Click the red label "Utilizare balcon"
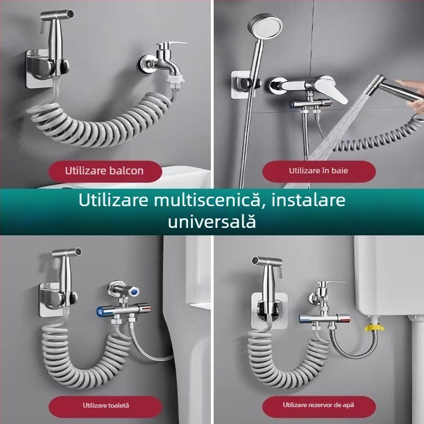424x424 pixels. (104, 171)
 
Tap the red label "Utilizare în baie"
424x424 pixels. (319, 171)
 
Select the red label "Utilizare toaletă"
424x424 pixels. (105, 405)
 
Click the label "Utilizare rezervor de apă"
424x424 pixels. (319, 405)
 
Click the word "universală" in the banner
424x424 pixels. (212, 222)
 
